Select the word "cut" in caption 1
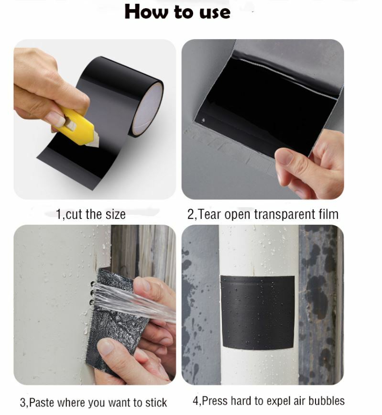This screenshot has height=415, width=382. (73, 214)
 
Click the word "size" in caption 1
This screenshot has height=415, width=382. (115, 214)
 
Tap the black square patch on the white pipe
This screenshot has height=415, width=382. (258, 312)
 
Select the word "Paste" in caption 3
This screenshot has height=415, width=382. (41, 403)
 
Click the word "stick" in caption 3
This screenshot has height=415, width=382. (156, 403)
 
